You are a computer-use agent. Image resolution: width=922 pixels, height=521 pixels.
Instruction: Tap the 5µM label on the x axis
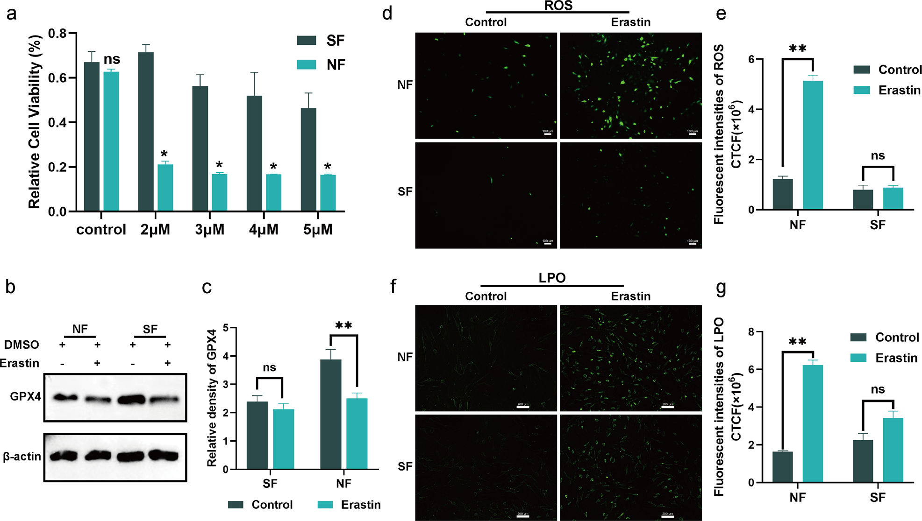[x=318, y=230]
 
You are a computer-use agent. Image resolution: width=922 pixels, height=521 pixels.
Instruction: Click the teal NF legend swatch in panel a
[x=307, y=64]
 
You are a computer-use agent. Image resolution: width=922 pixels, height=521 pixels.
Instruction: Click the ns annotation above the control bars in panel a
[x=112, y=59]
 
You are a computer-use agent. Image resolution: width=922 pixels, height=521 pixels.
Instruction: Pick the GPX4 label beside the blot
[x=26, y=397]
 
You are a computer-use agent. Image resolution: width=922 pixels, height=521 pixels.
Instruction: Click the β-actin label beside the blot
[x=22, y=456]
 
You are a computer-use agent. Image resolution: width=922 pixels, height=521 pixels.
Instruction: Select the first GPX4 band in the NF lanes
[x=65, y=398]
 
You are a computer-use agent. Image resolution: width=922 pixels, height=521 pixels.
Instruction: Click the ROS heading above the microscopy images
[x=558, y=6]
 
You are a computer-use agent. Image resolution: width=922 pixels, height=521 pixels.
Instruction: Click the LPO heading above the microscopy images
[x=552, y=278]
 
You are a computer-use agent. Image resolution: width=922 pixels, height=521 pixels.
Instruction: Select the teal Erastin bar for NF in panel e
[x=813, y=145]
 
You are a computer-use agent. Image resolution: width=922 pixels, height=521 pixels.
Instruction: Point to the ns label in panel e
[x=878, y=156]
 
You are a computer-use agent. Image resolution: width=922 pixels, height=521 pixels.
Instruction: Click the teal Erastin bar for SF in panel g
[x=893, y=450]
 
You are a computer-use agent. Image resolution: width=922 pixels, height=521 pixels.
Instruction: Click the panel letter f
[x=393, y=287]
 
